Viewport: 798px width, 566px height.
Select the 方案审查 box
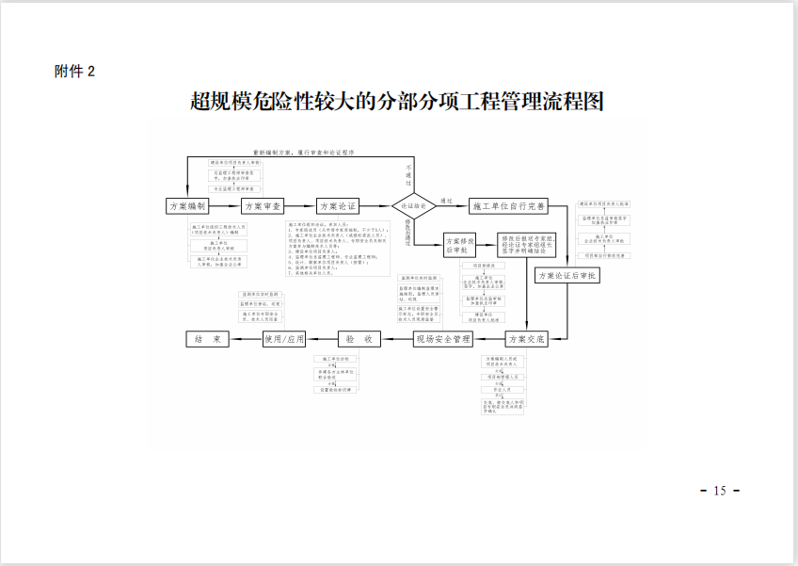pos(263,205)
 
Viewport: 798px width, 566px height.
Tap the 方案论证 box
pos(339,205)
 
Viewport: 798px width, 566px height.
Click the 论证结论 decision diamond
pos(414,204)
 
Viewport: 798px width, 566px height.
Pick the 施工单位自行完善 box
pos(508,205)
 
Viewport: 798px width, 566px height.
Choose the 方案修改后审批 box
pos(461,246)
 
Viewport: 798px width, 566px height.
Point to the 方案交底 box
pos(526,338)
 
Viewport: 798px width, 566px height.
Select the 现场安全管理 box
pos(441,338)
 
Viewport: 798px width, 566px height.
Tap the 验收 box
pos(359,338)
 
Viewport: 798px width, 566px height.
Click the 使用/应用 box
pos(285,338)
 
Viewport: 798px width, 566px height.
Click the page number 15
pos(721,491)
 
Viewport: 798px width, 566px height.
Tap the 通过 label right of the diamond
pos(447,200)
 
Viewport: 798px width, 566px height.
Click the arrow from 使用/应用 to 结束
pos(245,338)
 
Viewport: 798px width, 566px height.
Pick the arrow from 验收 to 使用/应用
pos(323,338)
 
